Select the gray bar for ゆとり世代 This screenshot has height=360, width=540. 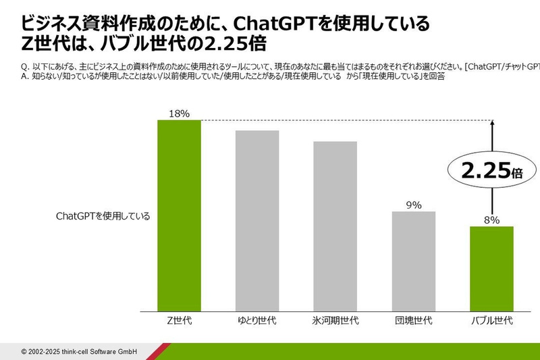(257, 221)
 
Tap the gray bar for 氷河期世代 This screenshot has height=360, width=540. (335, 226)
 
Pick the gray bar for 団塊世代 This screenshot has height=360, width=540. (414, 261)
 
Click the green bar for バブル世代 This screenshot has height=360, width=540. (491, 269)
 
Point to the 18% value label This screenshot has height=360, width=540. (179, 113)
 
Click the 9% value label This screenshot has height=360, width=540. (414, 205)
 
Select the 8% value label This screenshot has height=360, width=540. (491, 220)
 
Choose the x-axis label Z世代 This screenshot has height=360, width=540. (179, 320)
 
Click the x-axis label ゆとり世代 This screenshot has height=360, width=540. (257, 320)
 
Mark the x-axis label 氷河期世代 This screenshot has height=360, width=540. (335, 320)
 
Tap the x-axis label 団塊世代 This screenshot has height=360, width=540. (414, 320)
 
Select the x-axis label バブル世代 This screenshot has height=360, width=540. (491, 320)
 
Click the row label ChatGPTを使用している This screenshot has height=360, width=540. (103, 217)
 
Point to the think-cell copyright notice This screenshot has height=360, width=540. (80, 351)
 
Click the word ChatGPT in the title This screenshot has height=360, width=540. (272, 25)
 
